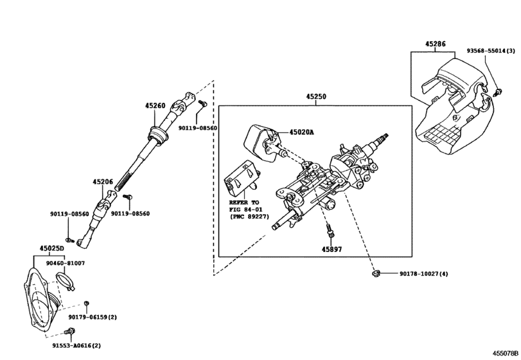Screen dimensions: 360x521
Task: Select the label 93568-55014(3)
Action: click(x=491, y=50)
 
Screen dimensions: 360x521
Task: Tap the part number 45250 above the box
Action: click(x=315, y=97)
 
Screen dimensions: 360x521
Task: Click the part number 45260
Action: click(x=155, y=106)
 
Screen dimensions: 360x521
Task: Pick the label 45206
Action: click(x=103, y=183)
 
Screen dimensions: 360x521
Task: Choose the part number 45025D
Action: click(x=51, y=249)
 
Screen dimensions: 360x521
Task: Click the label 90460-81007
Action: click(x=66, y=263)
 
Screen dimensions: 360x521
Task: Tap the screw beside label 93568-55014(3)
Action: click(x=497, y=93)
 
